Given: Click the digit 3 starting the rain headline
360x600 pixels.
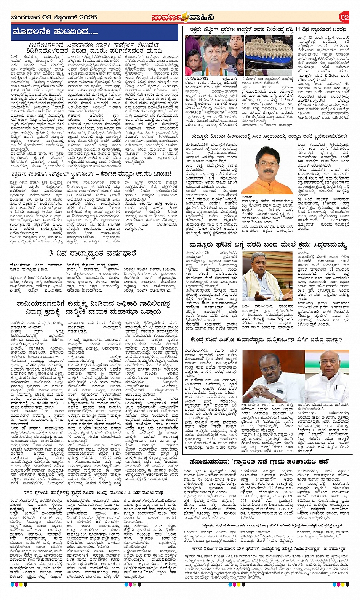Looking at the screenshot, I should pos(51,253).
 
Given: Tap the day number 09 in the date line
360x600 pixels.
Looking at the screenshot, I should pos(46,18).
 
